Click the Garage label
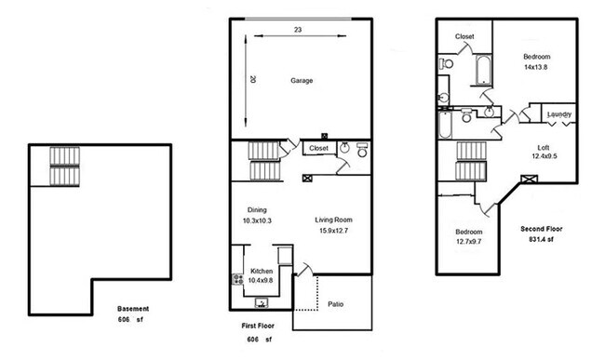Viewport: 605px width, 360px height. click(x=301, y=81)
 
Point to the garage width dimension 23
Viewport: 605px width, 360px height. click(x=298, y=30)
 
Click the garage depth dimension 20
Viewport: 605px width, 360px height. click(x=252, y=80)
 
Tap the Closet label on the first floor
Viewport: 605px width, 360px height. click(x=318, y=148)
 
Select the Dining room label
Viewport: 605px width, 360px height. click(x=257, y=209)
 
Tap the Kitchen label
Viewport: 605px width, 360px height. click(x=262, y=271)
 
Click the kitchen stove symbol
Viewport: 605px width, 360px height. click(x=236, y=279)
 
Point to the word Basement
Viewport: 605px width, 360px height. click(x=134, y=309)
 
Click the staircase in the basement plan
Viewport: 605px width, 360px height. click(x=64, y=166)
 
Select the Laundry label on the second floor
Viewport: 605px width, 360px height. click(x=558, y=114)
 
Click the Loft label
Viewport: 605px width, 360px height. click(x=544, y=148)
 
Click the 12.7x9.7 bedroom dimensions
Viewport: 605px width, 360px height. click(x=469, y=242)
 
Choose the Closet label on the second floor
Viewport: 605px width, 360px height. click(x=464, y=36)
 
